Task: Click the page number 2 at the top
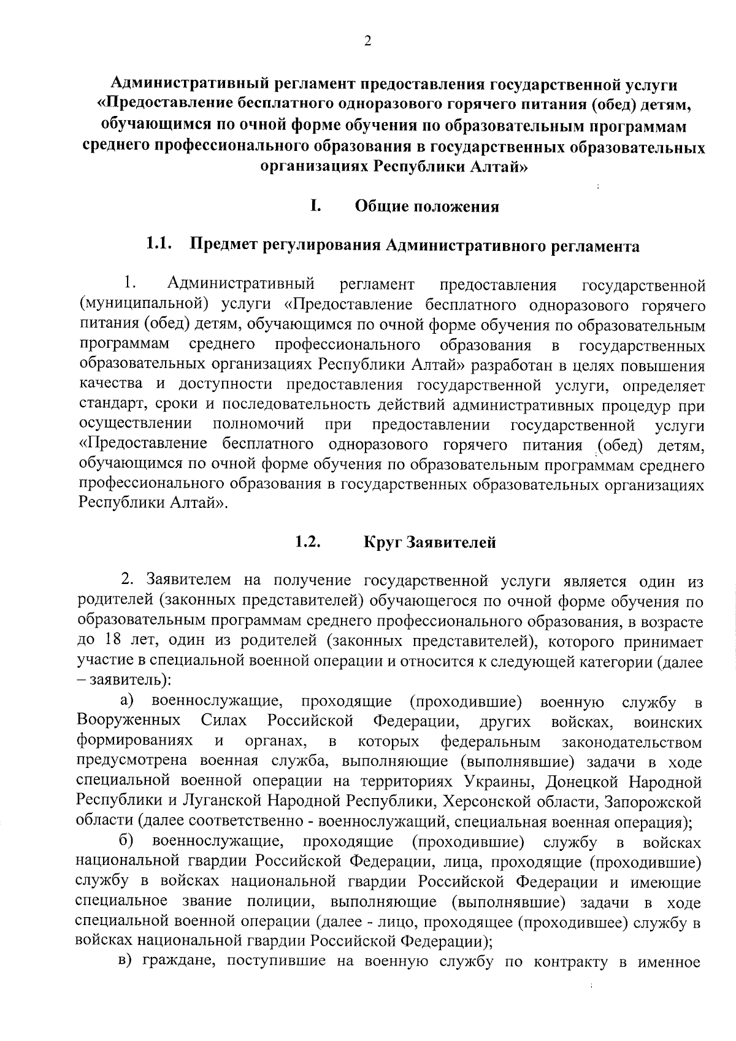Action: coord(367,41)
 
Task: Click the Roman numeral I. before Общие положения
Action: coord(315,206)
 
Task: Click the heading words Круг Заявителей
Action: coord(429,542)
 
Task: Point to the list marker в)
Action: coord(126,961)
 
